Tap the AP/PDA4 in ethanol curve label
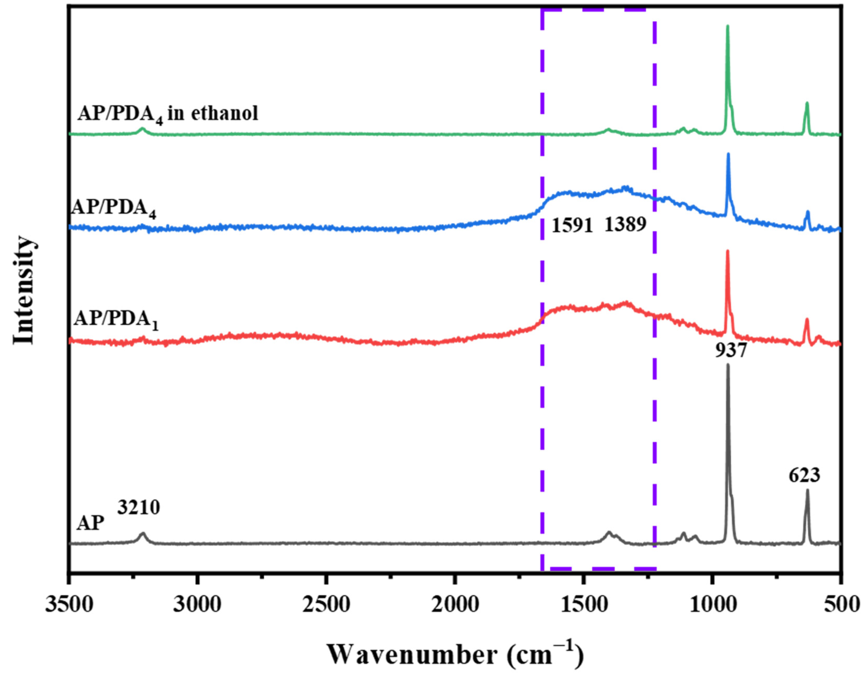168,114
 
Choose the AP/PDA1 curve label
116,320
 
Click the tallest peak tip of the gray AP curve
728,364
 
